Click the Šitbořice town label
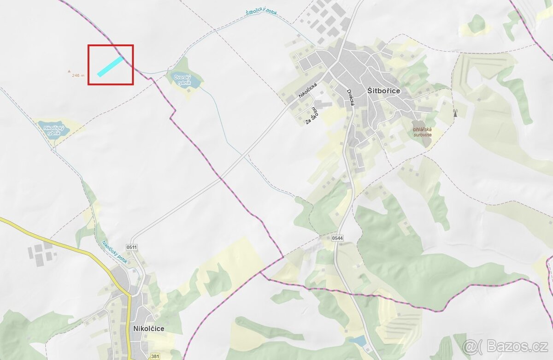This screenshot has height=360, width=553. [x=384, y=91]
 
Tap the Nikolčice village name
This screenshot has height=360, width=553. [x=148, y=329]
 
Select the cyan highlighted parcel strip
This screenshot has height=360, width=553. [x=111, y=66]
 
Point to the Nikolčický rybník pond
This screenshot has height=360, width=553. [x=54, y=130]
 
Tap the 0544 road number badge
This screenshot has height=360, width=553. [x=337, y=238]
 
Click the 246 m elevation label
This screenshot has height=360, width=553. [x=78, y=75]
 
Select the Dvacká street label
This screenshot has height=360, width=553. [x=350, y=98]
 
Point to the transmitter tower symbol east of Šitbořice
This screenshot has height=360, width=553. [x=455, y=113]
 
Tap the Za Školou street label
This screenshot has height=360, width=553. [x=312, y=116]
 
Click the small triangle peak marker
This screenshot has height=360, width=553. [x=69, y=71]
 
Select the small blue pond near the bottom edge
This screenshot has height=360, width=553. [x=358, y=341]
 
